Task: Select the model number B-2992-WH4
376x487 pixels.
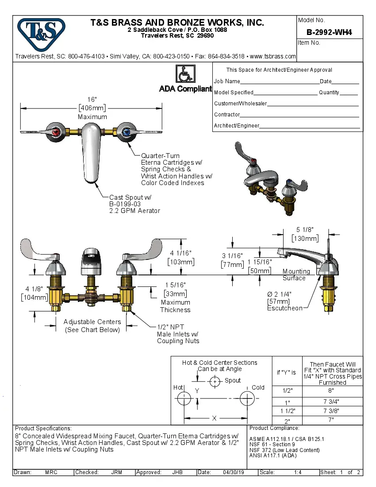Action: pyautogui.click(x=329, y=32)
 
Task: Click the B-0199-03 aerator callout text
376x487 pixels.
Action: pyautogui.click(x=124, y=204)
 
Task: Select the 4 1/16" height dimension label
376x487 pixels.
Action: pyautogui.click(x=180, y=253)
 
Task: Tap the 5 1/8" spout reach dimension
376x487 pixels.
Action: pyautogui.click(x=305, y=229)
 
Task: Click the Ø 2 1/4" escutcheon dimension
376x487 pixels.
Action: pyautogui.click(x=279, y=294)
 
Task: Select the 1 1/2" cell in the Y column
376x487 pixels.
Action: pyautogui.click(x=287, y=411)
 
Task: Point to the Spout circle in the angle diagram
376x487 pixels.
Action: pyautogui.click(x=215, y=381)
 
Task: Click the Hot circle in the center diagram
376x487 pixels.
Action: pyautogui.click(x=184, y=398)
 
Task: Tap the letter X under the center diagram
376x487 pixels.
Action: pyautogui.click(x=215, y=418)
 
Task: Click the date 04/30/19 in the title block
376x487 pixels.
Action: pyautogui.click(x=234, y=472)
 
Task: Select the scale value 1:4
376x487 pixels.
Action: pyautogui.click(x=298, y=472)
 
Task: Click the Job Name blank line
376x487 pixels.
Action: pyautogui.click(x=280, y=82)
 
